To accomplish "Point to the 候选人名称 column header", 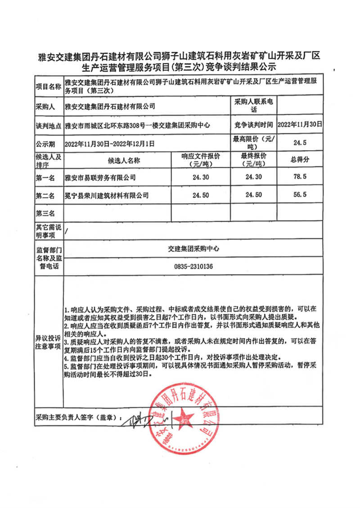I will pos(118,160).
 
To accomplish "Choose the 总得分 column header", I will pos(300,160).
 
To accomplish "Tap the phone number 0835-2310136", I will pos(193,267).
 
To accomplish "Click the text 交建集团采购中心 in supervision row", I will pos(193,248).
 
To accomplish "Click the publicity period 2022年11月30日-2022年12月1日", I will pos(110,143).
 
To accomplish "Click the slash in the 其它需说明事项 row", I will pos(67,231).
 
